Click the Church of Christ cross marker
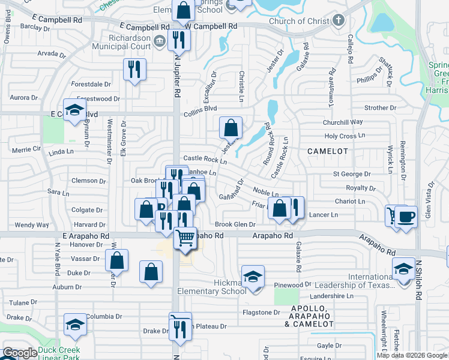click(339, 21)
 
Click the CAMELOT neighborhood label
click(328, 151)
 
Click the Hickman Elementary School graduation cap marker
click(254, 277)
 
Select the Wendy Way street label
click(31, 225)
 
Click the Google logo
click(20, 353)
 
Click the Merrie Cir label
click(26, 148)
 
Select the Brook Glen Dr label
click(235, 224)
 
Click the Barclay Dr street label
click(34, 27)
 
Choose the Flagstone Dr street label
click(261, 312)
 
